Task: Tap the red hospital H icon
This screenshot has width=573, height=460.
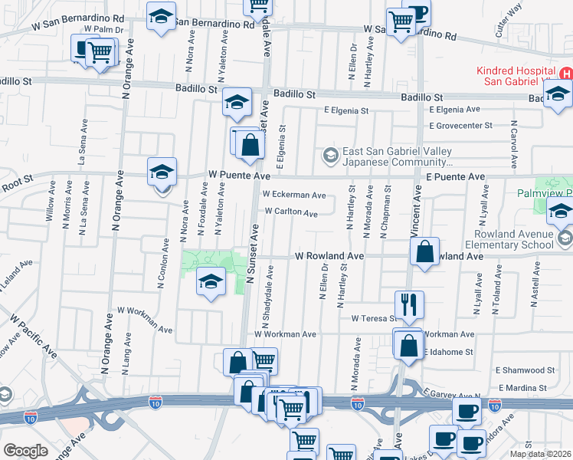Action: pos(565,74)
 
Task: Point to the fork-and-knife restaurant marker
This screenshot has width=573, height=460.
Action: pos(410,304)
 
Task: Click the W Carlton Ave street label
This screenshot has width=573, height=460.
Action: pos(291,212)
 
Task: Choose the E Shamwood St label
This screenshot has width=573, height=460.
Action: pos(524,370)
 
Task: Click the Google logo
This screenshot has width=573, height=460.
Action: pos(25,451)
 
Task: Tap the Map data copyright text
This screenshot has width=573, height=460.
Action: pos(541,454)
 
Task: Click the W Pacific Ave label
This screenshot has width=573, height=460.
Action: pos(33,335)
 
